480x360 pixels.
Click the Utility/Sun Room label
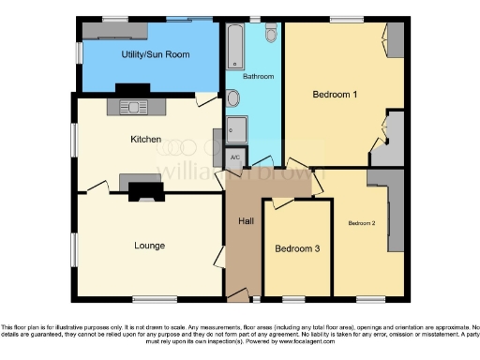coord(155,55)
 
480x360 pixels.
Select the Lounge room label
coord(149,246)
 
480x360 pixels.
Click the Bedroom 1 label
coord(335,94)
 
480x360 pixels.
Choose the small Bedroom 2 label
coord(361,223)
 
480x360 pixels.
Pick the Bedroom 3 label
coord(296,249)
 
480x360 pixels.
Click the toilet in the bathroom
coord(271,35)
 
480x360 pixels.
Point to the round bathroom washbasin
coord(231,97)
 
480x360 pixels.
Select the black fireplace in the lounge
coord(145,191)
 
